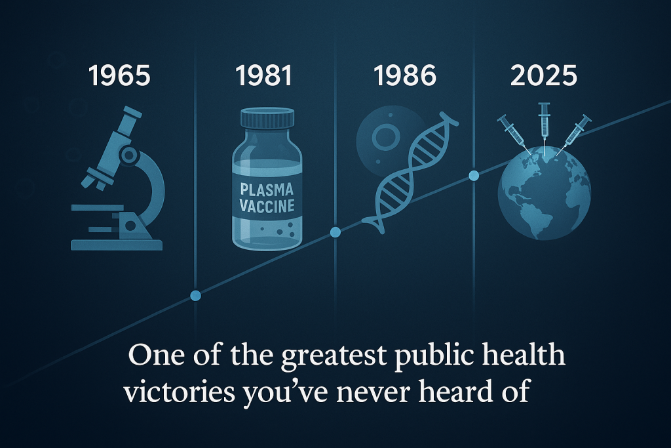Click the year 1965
pyautogui.click(x=119, y=76)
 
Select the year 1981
pyautogui.click(x=263, y=76)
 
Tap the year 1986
pyautogui.click(x=405, y=76)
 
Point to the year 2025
pyautogui.click(x=543, y=76)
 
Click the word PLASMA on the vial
pyautogui.click(x=267, y=190)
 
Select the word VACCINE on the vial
pyautogui.click(x=267, y=205)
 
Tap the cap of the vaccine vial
pyautogui.click(x=267, y=117)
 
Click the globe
pyautogui.click(x=544, y=193)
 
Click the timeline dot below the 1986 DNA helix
pyautogui.click(x=335, y=232)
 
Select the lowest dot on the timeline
pyautogui.click(x=195, y=295)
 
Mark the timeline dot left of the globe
pyautogui.click(x=474, y=176)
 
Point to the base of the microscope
pyautogui.click(x=117, y=245)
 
